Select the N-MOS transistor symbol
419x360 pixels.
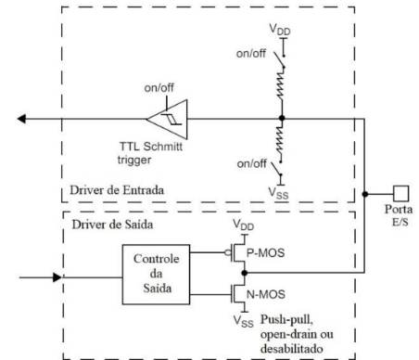click(x=239, y=295)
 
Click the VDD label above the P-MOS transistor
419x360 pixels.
click(x=242, y=224)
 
